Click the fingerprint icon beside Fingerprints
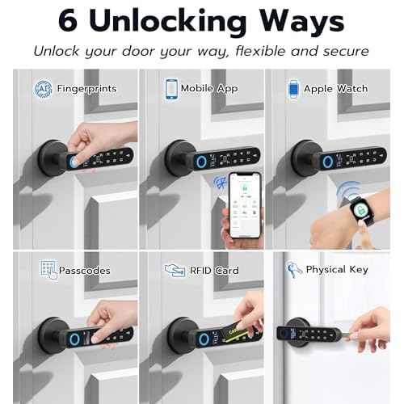pyautogui.click(x=44, y=88)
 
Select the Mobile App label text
pyautogui.click(x=209, y=88)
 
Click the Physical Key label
pyautogui.click(x=338, y=270)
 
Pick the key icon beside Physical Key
pyautogui.click(x=292, y=269)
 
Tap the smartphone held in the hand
pyautogui.click(x=249, y=205)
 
